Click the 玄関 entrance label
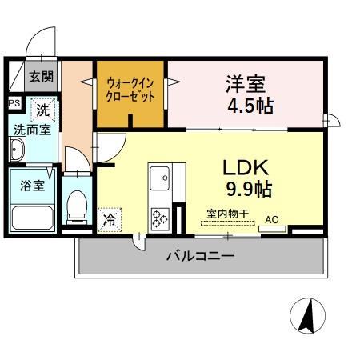pos(42,78)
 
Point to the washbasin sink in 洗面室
pos(18,150)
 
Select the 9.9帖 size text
pos(247,190)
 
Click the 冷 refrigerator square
pos(109,217)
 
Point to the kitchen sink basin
pos(159,175)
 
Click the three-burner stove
pos(160,217)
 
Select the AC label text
pos(272,218)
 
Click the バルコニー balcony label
pos(200,257)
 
